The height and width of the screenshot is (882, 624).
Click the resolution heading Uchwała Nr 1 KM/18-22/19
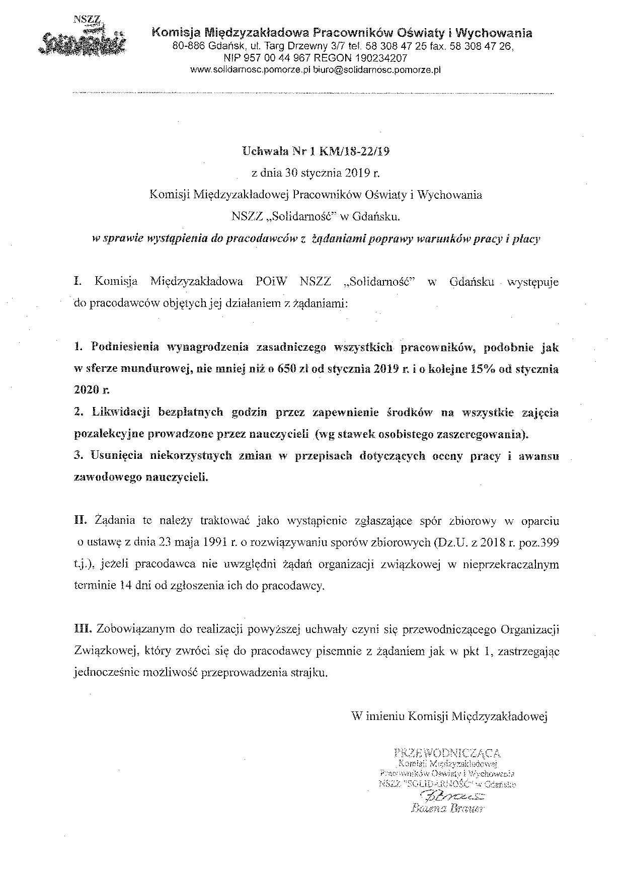[316, 150]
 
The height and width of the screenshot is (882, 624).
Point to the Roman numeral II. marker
[80, 521]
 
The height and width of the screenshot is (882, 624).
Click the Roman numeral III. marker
[82, 629]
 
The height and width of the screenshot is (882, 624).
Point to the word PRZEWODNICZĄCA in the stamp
[448, 753]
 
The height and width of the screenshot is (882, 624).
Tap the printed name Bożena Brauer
[447, 809]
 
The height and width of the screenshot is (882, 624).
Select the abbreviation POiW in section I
[272, 281]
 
